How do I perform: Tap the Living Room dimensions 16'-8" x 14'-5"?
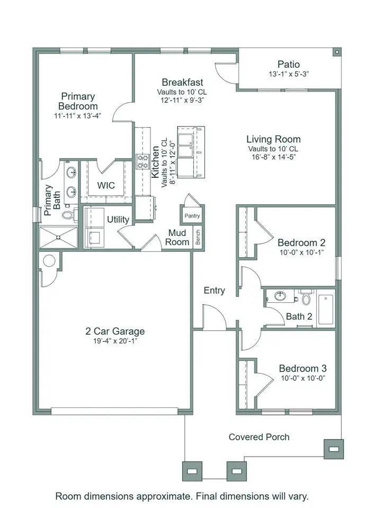click(x=273, y=157)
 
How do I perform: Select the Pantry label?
click(x=192, y=216)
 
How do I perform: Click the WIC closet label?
click(x=106, y=186)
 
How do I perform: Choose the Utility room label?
click(x=118, y=219)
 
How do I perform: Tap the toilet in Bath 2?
click(x=306, y=298)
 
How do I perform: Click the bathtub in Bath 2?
click(x=325, y=310)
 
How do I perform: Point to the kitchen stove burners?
click(x=143, y=161)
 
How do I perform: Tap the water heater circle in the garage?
click(x=49, y=261)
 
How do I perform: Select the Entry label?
click(x=215, y=291)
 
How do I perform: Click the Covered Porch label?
click(x=259, y=437)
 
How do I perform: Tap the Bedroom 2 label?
click(x=301, y=243)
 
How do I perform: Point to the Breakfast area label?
click(x=182, y=83)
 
